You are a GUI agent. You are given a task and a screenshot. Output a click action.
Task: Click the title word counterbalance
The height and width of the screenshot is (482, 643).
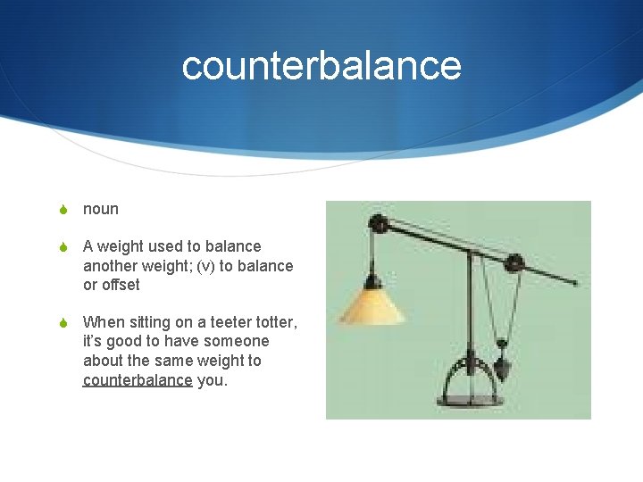coord(321,65)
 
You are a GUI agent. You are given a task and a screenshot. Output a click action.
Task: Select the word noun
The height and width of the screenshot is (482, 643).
coord(101,209)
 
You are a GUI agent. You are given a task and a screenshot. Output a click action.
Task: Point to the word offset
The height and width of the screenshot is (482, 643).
coord(121,286)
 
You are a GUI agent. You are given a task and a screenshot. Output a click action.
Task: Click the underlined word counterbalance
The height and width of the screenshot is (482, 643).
coord(138,380)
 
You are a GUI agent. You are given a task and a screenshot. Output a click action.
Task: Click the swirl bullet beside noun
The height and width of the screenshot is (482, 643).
coord(63,210)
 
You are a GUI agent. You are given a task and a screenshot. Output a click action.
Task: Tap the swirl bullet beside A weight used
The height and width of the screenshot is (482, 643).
coord(63,247)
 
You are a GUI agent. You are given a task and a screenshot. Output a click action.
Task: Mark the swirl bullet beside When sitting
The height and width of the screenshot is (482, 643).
coord(63,322)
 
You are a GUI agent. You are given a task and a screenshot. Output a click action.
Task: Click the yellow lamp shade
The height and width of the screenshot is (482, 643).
coord(372,305)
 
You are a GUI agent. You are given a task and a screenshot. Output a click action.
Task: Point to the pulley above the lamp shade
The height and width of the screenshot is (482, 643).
coord(379,223)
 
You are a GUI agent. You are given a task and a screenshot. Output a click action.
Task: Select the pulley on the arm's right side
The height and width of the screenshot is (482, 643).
coord(514,262)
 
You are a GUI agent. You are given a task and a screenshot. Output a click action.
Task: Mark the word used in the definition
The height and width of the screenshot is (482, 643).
coord(163,246)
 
